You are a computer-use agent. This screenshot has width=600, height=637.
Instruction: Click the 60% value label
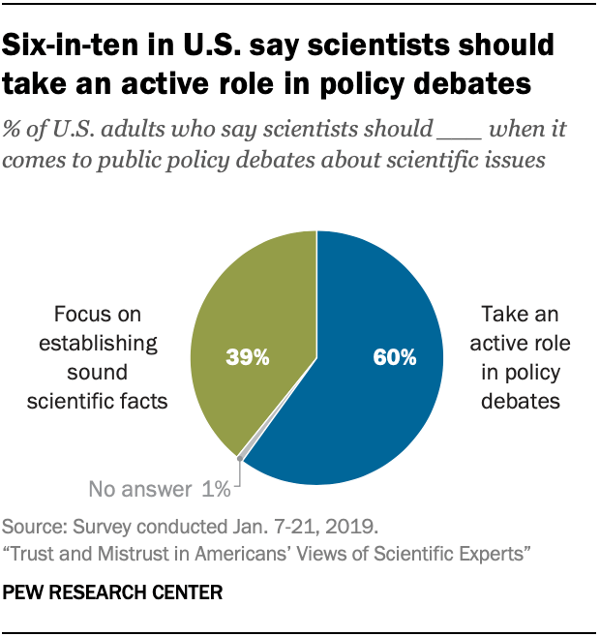click(395, 358)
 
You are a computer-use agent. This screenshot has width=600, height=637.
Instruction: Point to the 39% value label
click(248, 358)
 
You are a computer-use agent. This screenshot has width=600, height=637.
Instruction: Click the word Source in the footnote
click(32, 529)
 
